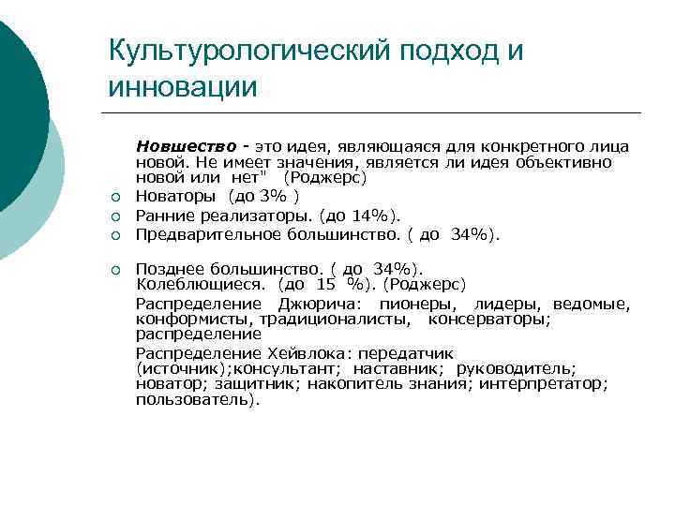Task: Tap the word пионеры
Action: [x=418, y=305]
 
